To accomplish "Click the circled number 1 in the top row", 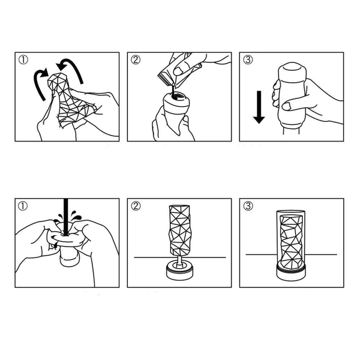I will click(x=23, y=60).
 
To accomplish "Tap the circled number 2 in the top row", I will click(x=136, y=60).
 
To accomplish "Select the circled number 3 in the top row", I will click(x=248, y=60).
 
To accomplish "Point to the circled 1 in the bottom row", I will click(x=23, y=206).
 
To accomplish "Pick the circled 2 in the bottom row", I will click(x=136, y=206).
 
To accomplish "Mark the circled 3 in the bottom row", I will click(x=248, y=206).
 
